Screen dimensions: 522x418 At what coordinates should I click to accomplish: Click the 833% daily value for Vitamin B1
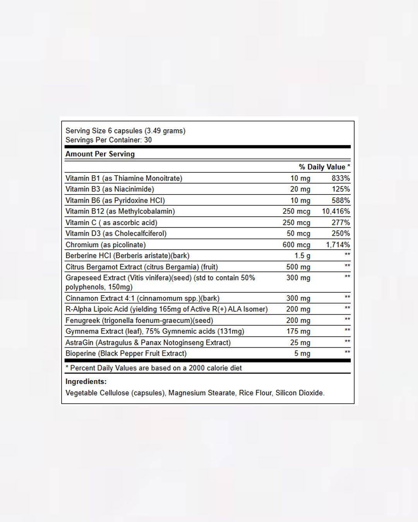click(341, 178)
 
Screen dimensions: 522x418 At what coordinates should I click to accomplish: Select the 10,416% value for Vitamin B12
click(336, 211)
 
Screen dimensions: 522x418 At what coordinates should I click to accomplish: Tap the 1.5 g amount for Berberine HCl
click(302, 256)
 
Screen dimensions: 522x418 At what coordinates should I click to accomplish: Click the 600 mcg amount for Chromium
click(296, 245)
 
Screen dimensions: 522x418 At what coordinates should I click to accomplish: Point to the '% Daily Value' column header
click(324, 167)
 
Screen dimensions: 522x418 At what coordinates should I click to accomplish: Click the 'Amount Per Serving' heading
click(100, 154)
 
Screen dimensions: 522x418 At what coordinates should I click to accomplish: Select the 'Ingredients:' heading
click(86, 382)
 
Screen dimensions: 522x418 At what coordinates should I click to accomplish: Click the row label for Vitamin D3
click(116, 234)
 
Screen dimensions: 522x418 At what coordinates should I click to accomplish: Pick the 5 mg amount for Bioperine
click(302, 353)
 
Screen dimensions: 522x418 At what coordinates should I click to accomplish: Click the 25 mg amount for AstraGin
click(300, 343)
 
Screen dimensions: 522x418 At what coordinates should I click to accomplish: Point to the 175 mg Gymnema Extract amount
click(298, 331)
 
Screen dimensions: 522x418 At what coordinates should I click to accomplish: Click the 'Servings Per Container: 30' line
click(108, 140)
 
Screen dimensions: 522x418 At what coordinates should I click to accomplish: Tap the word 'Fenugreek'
click(82, 321)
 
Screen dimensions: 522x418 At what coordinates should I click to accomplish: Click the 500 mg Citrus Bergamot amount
click(298, 267)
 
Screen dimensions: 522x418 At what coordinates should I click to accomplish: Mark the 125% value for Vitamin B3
click(341, 189)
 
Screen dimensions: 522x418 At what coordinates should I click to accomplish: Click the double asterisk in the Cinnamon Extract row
click(347, 297)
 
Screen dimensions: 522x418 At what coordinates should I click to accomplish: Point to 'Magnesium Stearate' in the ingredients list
click(201, 393)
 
